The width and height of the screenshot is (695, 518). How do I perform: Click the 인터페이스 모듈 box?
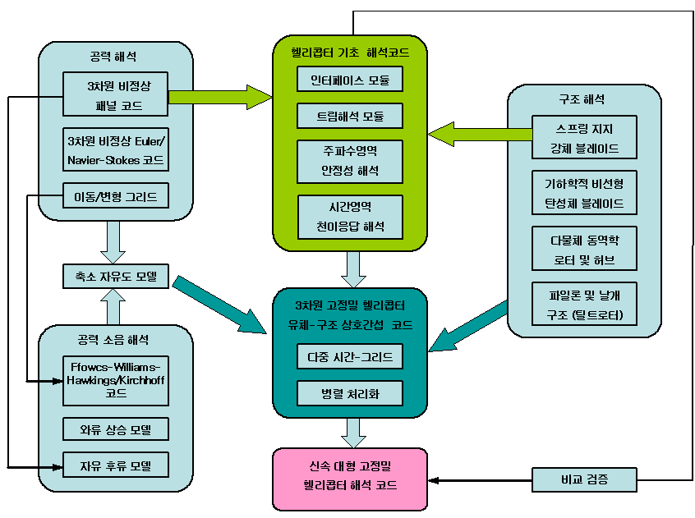click(x=350, y=80)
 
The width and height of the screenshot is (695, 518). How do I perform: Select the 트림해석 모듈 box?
click(x=350, y=116)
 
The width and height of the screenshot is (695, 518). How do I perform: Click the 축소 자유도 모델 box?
click(x=116, y=277)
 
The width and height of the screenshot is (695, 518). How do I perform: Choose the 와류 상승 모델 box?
click(x=116, y=429)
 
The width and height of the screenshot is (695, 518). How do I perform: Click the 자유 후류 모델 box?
click(x=116, y=465)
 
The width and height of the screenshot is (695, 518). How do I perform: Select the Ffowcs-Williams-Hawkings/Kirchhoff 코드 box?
click(x=116, y=380)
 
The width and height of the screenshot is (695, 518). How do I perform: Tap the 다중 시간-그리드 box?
click(x=350, y=356)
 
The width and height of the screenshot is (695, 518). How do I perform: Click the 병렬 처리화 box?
click(x=350, y=393)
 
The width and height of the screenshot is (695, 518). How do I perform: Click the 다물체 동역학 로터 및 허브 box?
click(x=583, y=248)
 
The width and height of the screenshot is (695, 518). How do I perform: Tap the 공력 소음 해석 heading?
click(x=115, y=338)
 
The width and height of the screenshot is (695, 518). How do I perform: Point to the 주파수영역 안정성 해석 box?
click(x=350, y=162)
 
